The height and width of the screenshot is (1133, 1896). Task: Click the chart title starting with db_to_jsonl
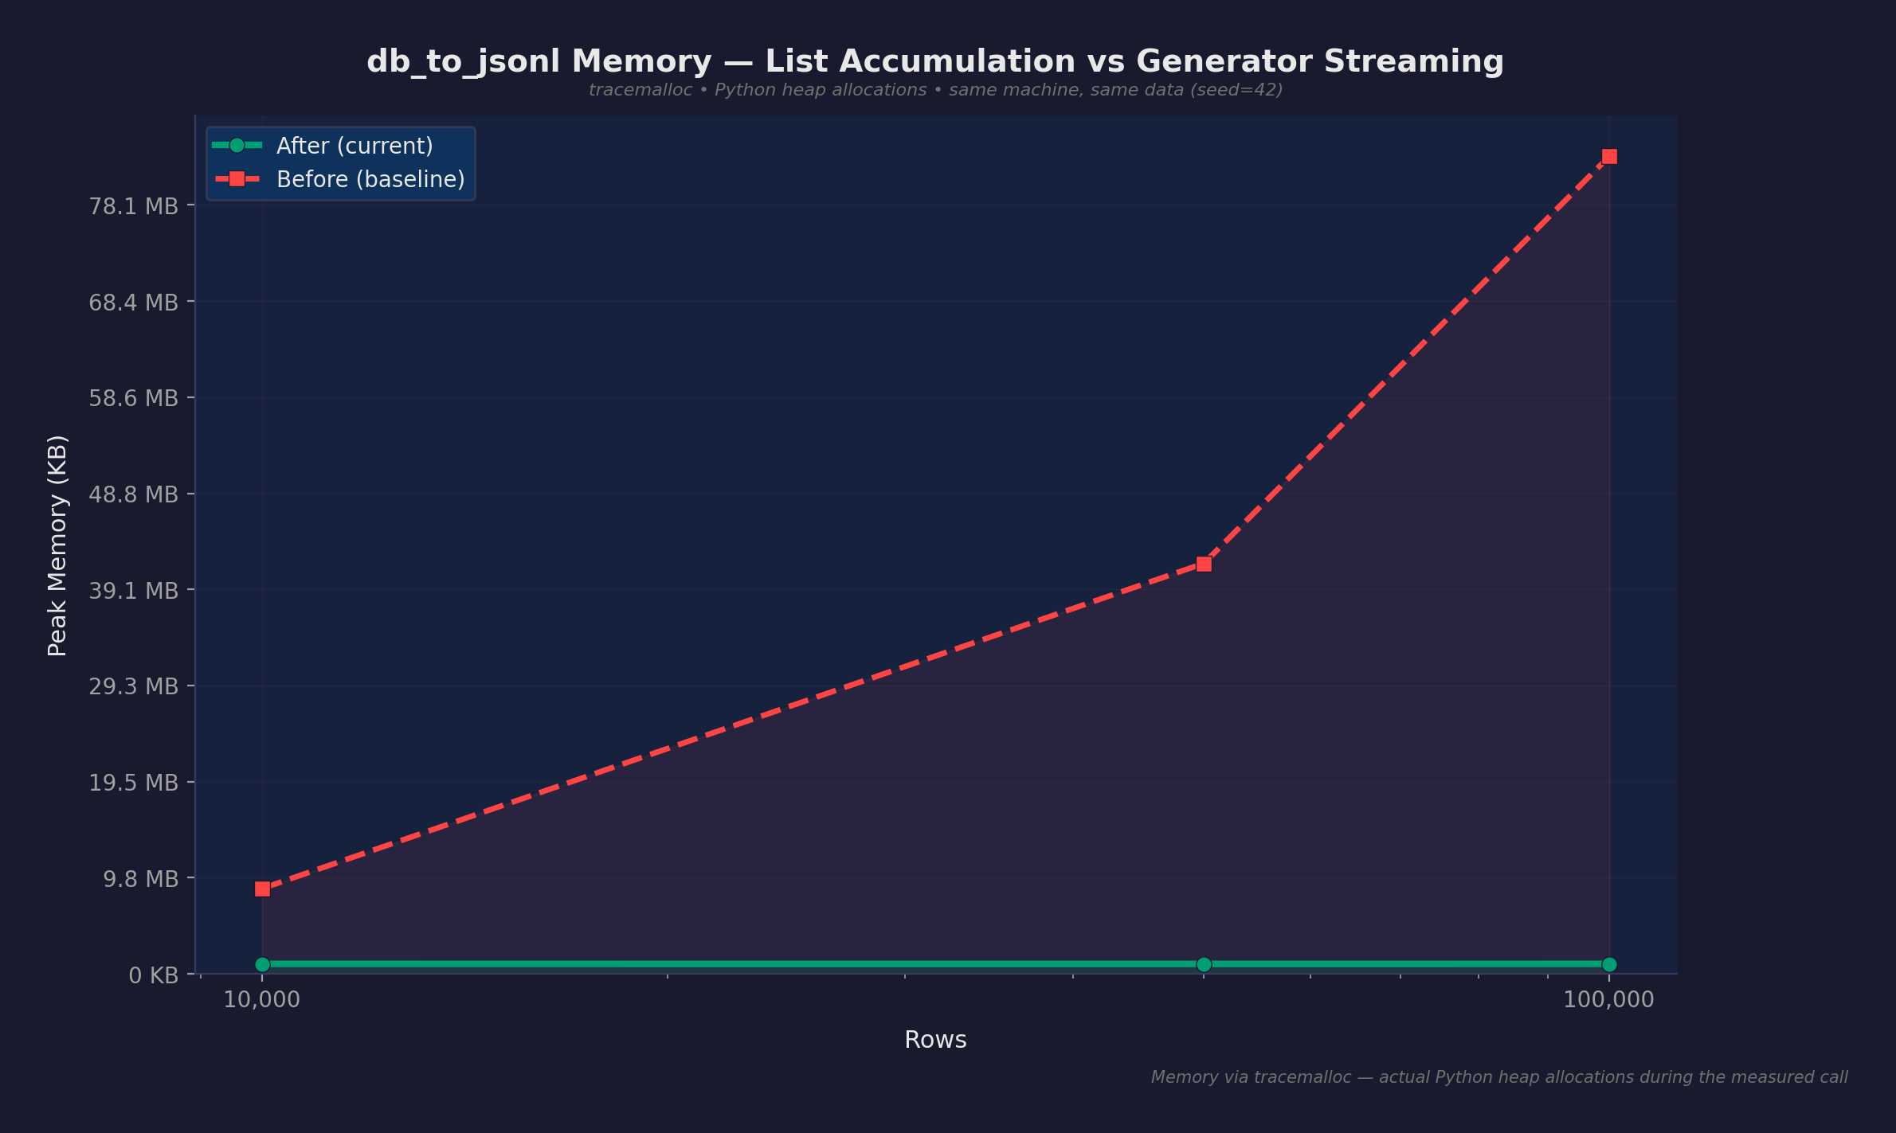[935, 61]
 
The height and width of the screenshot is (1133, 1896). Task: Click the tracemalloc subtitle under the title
[935, 90]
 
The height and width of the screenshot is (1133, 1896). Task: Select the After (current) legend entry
[354, 146]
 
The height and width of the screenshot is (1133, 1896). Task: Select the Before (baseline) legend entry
[370, 179]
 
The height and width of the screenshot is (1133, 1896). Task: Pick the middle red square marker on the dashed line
[1204, 564]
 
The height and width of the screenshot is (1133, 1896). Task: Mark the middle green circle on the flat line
[1204, 964]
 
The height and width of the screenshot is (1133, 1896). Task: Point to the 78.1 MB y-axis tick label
[133, 206]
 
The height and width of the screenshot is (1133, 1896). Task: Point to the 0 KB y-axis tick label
[153, 975]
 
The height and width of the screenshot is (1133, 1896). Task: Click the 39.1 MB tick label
[133, 591]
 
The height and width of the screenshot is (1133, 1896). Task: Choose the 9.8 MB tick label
[140, 879]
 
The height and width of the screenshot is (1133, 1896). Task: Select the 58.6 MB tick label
[133, 398]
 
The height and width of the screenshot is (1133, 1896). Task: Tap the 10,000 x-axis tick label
[261, 1000]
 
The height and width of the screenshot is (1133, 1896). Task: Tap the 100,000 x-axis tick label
[1608, 1000]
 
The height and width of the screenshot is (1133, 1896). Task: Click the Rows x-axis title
[935, 1040]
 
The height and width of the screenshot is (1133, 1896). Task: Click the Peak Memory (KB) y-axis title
[57, 545]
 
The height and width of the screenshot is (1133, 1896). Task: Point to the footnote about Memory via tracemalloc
[1498, 1077]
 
